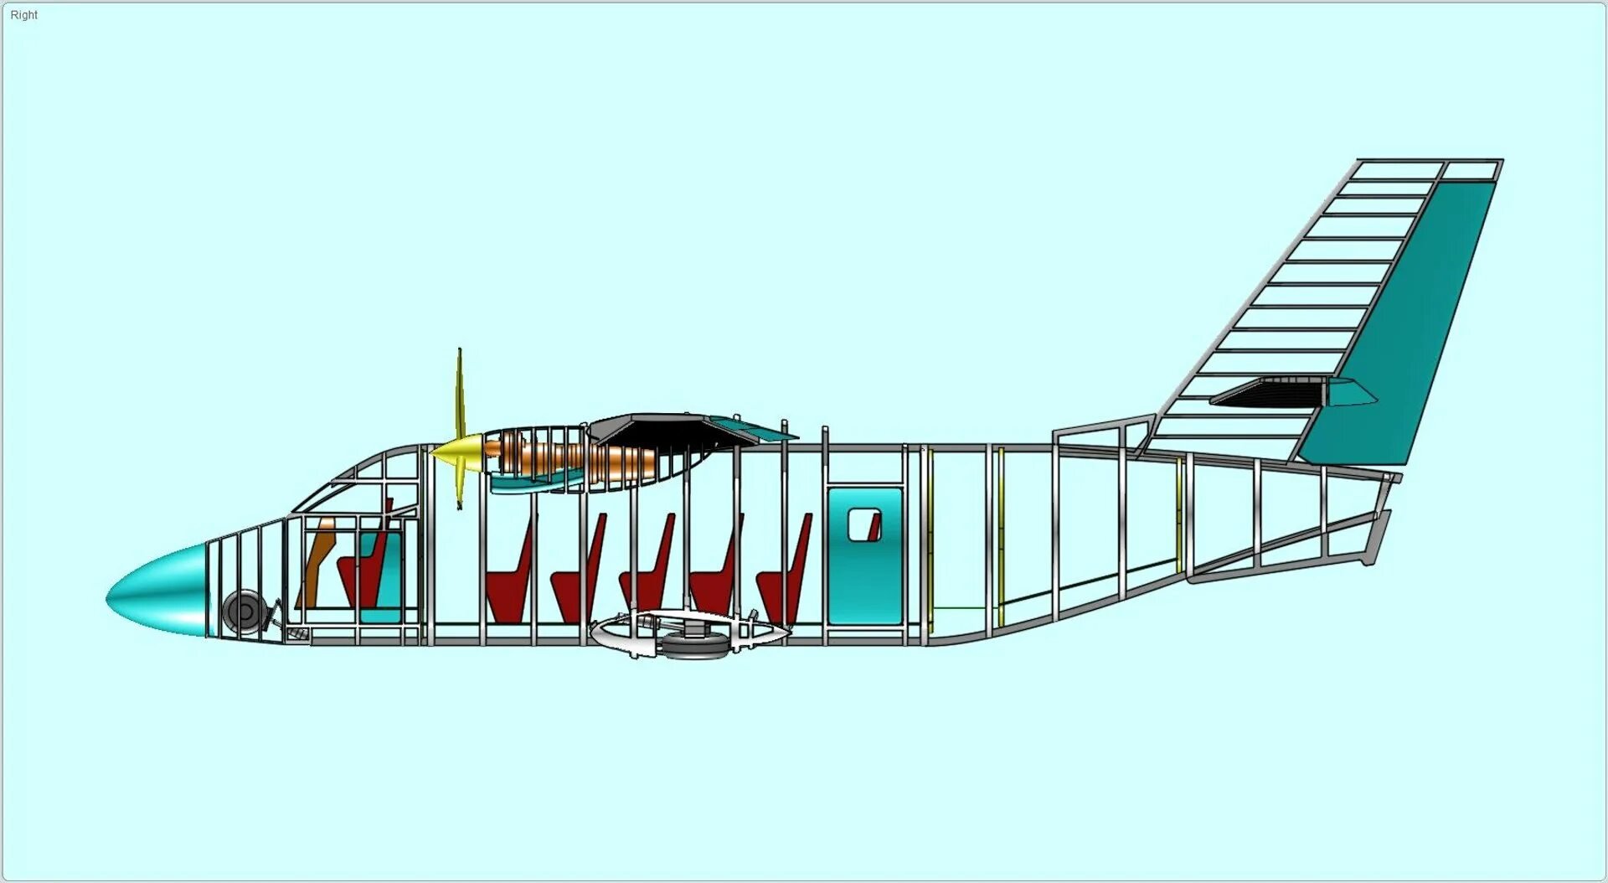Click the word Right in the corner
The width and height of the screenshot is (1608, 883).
coord(23,15)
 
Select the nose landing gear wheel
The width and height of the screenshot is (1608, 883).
coord(244,611)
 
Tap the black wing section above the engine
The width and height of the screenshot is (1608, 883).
coord(662,431)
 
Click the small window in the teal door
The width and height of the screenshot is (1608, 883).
coord(863,524)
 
